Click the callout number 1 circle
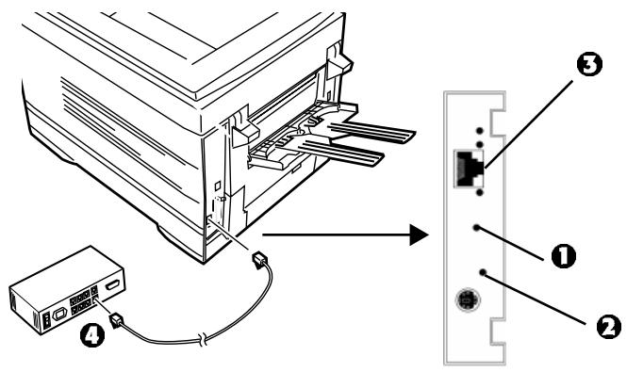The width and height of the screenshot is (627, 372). [564, 256]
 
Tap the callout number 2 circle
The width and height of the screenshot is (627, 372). [609, 327]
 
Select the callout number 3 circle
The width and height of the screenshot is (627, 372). [589, 64]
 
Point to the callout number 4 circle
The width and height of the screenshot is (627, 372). [92, 335]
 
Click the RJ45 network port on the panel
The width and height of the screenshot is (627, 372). [469, 169]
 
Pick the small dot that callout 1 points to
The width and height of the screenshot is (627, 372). [476, 228]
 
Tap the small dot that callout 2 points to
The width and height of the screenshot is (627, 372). [483, 272]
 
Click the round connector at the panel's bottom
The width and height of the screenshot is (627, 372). [468, 299]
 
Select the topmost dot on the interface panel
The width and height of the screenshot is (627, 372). [480, 131]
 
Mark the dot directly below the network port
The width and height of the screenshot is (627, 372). [480, 193]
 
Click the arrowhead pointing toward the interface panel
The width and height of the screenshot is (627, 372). [419, 235]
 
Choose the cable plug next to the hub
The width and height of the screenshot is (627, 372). [116, 320]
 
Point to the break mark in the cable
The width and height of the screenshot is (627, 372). [205, 340]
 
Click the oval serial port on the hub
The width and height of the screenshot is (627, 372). [59, 314]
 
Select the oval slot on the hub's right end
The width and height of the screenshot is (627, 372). [112, 285]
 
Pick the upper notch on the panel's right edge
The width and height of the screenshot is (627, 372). [499, 121]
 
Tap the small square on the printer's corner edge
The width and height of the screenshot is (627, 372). [217, 186]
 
